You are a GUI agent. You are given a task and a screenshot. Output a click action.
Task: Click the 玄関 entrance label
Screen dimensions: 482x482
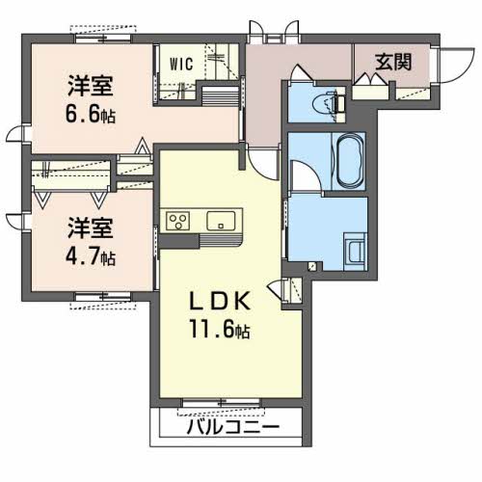pyautogui.click(x=393, y=63)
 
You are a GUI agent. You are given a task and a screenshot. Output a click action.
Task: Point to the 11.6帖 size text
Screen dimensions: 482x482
pyautogui.click(x=218, y=331)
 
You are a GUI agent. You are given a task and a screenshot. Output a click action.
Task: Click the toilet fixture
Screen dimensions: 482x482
pyautogui.click(x=332, y=100)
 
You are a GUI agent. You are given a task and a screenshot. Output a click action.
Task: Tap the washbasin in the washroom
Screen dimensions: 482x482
pyautogui.click(x=355, y=252)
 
